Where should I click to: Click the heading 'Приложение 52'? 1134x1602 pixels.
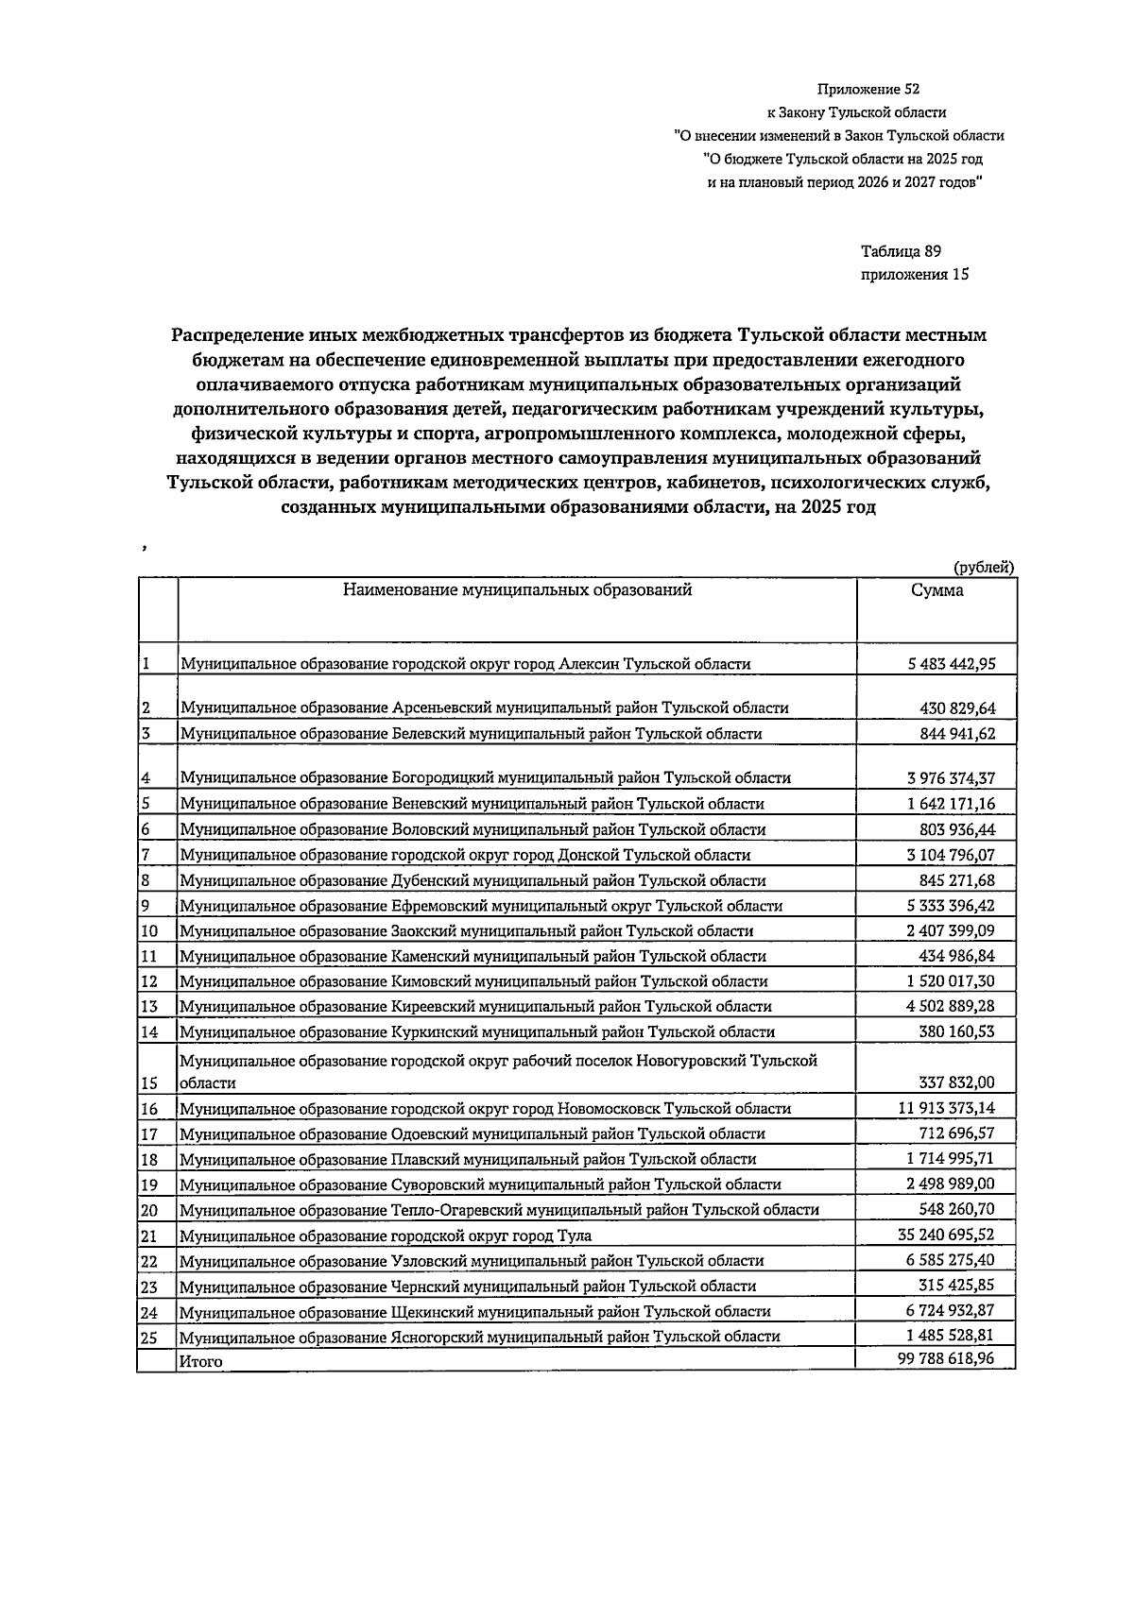click(x=868, y=90)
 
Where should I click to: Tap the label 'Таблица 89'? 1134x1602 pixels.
click(x=901, y=251)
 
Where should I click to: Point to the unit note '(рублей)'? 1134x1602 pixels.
click(x=984, y=567)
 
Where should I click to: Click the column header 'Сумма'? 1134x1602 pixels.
click(x=936, y=590)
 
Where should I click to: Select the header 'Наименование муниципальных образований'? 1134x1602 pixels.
click(x=517, y=590)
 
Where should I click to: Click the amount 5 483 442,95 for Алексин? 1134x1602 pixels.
click(x=950, y=663)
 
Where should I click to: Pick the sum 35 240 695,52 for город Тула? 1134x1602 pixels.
click(x=945, y=1235)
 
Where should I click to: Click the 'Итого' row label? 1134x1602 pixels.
click(x=201, y=1362)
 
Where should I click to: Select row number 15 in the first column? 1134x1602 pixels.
click(x=149, y=1082)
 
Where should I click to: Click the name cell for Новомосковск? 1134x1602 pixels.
click(x=485, y=1109)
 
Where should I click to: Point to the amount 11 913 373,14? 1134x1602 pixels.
click(x=946, y=1108)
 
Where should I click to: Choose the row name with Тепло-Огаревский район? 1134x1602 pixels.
click(x=499, y=1210)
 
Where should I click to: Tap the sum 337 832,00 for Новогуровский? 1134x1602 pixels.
click(x=956, y=1082)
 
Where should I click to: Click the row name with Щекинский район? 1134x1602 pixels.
click(x=474, y=1311)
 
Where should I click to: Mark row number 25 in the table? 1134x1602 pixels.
click(x=149, y=1337)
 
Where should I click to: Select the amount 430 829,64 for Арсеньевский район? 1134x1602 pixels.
click(x=956, y=707)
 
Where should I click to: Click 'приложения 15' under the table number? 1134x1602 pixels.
click(x=914, y=275)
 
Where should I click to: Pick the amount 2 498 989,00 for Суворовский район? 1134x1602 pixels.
click(x=950, y=1184)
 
